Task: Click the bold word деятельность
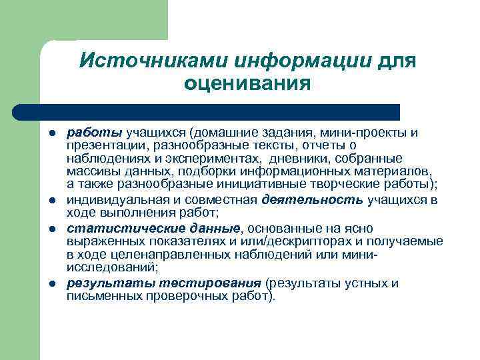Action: pyautogui.click(x=313, y=199)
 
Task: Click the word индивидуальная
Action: pyautogui.click(x=113, y=199)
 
